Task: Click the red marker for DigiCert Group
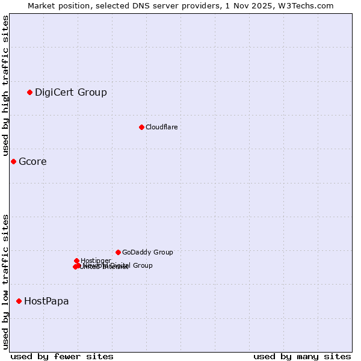(29, 92)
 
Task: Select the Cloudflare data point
(141, 127)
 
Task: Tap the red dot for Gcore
(13, 161)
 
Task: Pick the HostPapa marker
(19, 301)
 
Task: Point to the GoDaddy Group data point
(118, 252)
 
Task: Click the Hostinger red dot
(76, 261)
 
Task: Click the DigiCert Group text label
(71, 92)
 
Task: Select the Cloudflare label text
(162, 127)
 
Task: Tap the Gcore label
(32, 161)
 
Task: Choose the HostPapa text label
(46, 301)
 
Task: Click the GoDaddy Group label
(147, 252)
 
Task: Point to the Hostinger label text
(96, 261)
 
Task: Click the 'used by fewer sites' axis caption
(62, 356)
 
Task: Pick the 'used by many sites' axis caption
(302, 356)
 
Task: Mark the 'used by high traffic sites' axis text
(5, 86)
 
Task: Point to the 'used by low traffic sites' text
(5, 281)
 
